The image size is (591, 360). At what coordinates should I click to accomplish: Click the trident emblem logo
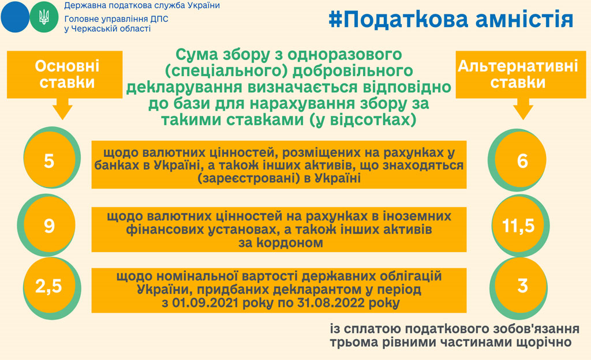coord(43,17)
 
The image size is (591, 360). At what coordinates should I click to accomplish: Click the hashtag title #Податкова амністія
coord(451,19)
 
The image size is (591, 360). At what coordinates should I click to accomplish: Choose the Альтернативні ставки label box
coord(518,74)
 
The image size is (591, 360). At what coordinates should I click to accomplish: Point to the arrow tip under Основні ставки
coord(63,116)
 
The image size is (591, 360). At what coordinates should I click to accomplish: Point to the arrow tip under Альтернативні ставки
coord(522,116)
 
